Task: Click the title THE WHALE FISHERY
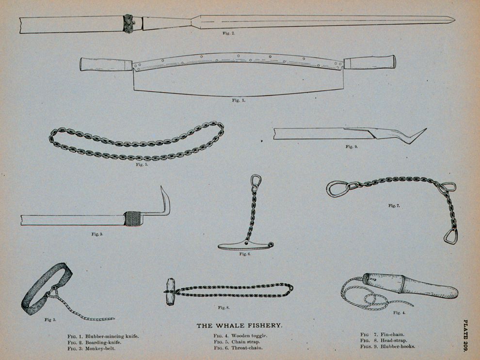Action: pos(239,326)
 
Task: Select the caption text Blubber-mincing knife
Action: pos(112,336)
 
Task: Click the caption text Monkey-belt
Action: pos(100,348)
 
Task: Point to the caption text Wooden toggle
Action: pos(249,336)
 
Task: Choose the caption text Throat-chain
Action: pos(247,348)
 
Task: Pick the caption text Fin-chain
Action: pos(392,335)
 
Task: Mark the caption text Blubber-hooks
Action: pos(398,346)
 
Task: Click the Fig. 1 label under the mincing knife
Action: pos(239,100)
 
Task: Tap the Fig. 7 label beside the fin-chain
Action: pos(394,206)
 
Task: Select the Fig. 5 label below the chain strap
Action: pos(142,165)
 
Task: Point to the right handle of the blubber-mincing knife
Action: pos(370,62)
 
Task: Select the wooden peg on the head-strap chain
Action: pos(169,292)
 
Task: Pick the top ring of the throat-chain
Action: pos(256,180)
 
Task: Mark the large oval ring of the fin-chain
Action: pos(338,188)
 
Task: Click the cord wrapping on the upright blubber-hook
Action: pos(133,219)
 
